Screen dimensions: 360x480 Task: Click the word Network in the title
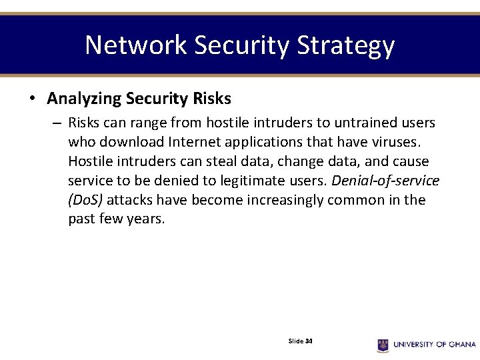point(136,45)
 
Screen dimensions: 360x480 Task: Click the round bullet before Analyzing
point(31,99)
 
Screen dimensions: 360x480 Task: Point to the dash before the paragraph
point(57,123)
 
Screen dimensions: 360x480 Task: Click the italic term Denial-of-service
point(385,181)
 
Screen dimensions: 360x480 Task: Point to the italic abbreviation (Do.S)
point(85,201)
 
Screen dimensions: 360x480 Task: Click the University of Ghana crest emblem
point(383,345)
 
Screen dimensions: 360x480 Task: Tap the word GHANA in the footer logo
point(461,345)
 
